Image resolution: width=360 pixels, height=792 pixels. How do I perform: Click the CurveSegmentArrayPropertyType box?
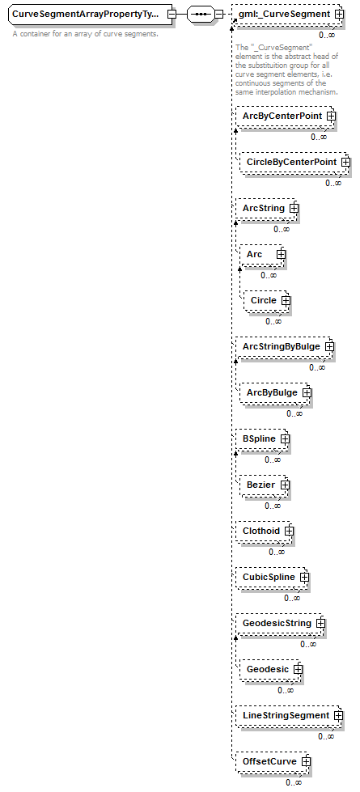[x=91, y=14]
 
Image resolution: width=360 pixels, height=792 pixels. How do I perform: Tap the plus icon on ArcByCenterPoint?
[x=331, y=116]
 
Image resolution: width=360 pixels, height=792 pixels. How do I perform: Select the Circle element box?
[x=267, y=300]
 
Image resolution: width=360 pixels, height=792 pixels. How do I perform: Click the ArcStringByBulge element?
[x=285, y=346]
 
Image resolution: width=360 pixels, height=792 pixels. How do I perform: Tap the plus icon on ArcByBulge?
[x=307, y=393]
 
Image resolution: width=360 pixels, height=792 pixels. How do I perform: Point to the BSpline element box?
[x=263, y=439]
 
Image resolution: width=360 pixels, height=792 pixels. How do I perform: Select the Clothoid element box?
[x=265, y=531]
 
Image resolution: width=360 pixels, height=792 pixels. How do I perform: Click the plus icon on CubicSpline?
[x=304, y=578]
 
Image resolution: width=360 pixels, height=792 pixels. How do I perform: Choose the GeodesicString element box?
[x=280, y=623]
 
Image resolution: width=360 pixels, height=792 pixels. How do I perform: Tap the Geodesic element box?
[x=271, y=669]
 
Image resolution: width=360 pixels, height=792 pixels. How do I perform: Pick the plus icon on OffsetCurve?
[x=306, y=762]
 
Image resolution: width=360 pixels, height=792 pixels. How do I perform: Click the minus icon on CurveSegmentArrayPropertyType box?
[x=172, y=14]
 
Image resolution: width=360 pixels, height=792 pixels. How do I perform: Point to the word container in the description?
[x=34, y=34]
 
